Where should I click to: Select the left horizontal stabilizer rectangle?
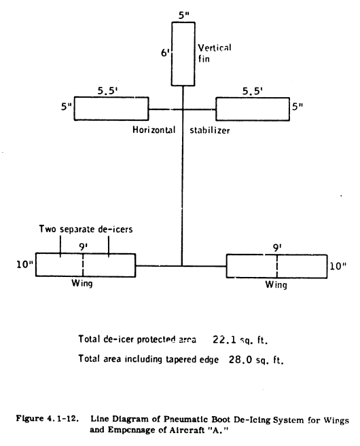pyautogui.click(x=112, y=109)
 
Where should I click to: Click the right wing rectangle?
pyautogui.click(x=276, y=265)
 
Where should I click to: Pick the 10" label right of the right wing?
pyautogui.click(x=338, y=265)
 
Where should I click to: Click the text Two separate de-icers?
pyautogui.click(x=85, y=229)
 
